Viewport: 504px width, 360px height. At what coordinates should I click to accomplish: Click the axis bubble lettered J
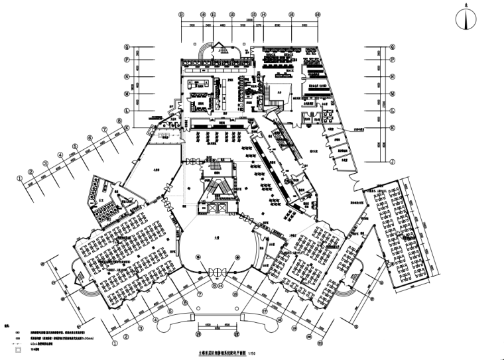(393, 161)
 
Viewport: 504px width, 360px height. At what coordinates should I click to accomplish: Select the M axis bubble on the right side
(393, 93)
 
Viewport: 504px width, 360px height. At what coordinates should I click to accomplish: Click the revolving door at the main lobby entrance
(219, 270)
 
